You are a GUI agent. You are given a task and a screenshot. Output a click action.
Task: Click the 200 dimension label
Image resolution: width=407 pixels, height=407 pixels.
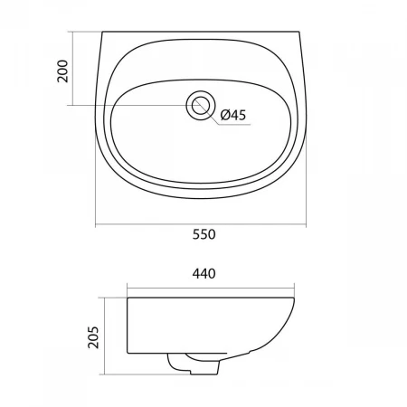pyautogui.click(x=62, y=71)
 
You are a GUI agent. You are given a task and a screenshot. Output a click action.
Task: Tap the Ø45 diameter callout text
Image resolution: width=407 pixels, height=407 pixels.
pyautogui.click(x=233, y=115)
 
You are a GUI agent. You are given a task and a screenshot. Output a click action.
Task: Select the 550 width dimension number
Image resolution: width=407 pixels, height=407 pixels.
pyautogui.click(x=204, y=234)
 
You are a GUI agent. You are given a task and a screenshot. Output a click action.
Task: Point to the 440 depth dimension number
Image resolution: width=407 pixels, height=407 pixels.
pyautogui.click(x=204, y=274)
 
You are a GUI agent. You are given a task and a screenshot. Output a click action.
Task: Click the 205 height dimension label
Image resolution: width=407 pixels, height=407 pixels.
pyautogui.click(x=93, y=337)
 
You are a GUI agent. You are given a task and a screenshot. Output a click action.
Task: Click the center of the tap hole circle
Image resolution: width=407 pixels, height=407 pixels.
pyautogui.click(x=201, y=105)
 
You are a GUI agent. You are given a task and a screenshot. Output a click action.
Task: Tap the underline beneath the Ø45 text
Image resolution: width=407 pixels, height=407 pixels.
pyautogui.click(x=234, y=124)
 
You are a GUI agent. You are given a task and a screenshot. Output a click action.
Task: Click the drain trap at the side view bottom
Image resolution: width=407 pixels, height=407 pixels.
pyautogui.click(x=194, y=364)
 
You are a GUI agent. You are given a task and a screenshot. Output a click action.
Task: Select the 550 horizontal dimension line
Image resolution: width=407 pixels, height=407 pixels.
pyautogui.click(x=201, y=224)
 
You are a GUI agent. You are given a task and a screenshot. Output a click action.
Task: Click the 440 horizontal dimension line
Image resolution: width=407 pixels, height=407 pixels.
pyautogui.click(x=211, y=289)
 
